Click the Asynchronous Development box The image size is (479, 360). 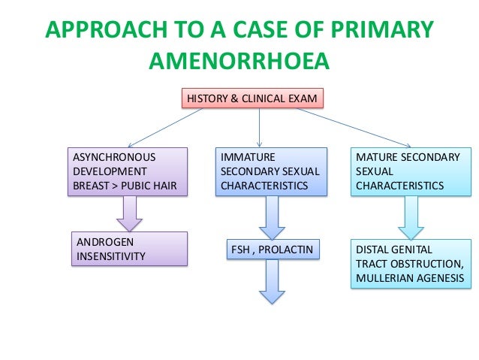[x=126, y=172]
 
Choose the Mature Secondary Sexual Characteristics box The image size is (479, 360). [x=411, y=172]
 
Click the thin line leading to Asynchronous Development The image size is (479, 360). [x=165, y=126]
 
